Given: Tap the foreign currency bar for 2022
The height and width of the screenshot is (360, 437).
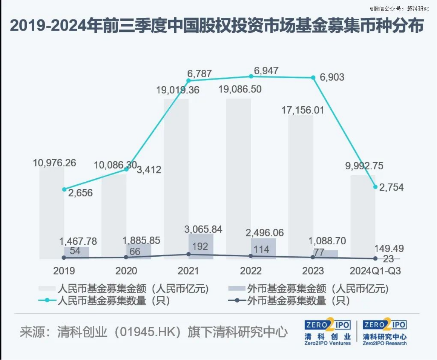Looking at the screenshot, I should (263, 249).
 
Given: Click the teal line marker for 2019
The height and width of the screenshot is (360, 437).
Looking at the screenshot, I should (64, 190).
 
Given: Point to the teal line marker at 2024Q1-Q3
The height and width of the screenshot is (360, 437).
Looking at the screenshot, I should (375, 186).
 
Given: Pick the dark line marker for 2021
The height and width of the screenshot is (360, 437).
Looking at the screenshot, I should (189, 254).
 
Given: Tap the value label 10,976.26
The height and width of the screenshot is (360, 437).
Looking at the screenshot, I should (54, 163).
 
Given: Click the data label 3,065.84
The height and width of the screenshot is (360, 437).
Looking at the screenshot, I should (204, 229).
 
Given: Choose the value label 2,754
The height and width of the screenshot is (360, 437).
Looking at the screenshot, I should (392, 187).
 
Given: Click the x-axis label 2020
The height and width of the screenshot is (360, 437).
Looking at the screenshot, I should (126, 271).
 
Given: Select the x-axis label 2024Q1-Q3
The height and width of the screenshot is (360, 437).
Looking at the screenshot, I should (375, 271).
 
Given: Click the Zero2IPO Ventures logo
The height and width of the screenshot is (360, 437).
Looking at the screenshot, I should (327, 332).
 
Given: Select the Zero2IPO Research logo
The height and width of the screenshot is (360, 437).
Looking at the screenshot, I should (385, 332).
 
